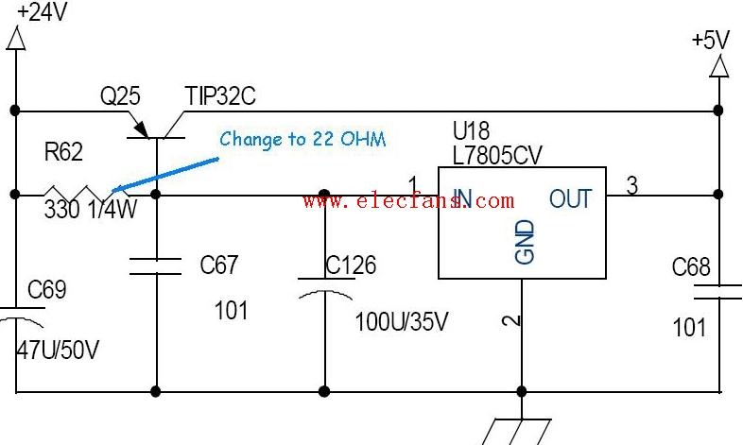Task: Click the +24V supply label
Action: tap(42, 12)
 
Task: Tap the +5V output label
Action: tap(711, 40)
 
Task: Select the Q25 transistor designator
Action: tap(120, 96)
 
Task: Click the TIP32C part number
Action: tap(220, 95)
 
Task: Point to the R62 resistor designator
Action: tap(63, 151)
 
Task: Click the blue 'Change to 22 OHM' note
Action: tap(302, 139)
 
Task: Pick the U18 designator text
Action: tap(472, 130)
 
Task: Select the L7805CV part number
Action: tap(497, 155)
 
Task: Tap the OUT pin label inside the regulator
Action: tap(571, 198)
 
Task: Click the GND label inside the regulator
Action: tap(525, 242)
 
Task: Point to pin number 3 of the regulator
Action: tap(632, 185)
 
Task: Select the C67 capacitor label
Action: tap(218, 265)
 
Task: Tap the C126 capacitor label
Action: tap(351, 265)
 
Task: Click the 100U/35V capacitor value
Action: tap(402, 322)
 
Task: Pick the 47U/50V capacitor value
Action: tap(58, 351)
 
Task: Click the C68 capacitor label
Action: tap(691, 267)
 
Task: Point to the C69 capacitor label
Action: tap(46, 289)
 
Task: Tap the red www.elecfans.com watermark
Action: tap(408, 200)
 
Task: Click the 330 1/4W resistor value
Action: tap(91, 209)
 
